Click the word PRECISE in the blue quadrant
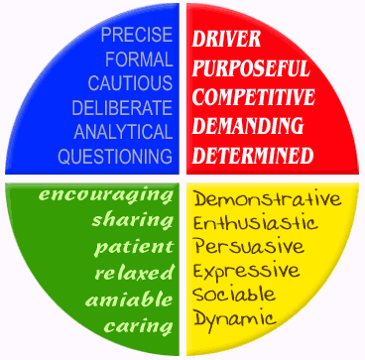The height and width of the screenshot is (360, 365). point(134,35)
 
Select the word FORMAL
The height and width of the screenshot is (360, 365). point(138,59)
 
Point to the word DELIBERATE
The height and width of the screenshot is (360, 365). point(123,107)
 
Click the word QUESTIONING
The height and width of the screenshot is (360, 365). point(115,156)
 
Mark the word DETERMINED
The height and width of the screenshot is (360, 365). point(252,155)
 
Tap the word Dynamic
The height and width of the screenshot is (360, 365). point(235,319)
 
